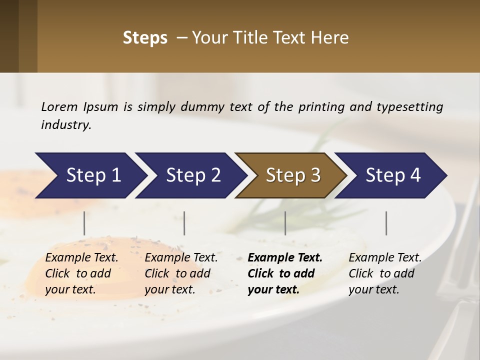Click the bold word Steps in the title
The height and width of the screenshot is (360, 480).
145,38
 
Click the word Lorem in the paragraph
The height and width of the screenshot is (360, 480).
59,106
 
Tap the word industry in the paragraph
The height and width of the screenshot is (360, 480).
66,124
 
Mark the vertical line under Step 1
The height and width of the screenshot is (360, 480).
84,223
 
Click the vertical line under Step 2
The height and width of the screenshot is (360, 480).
184,223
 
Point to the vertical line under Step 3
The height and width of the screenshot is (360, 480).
285,223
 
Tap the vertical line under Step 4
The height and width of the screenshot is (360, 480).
386,223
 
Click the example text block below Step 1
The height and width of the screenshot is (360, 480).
81,273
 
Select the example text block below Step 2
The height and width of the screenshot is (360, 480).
181,273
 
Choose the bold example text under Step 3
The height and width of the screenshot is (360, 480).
285,273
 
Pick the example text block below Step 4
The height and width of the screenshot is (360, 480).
385,273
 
